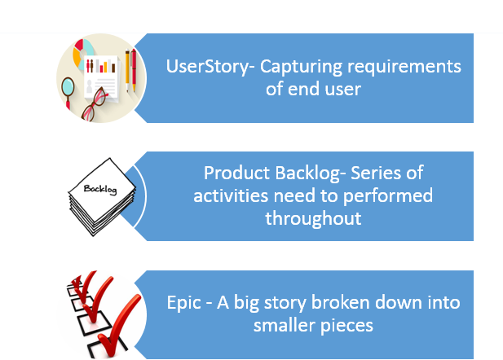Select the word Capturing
tap(301, 68)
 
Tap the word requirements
tap(404, 68)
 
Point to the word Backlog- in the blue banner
tap(311, 174)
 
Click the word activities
tap(231, 195)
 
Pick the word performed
tap(388, 196)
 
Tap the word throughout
tap(313, 219)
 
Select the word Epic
tap(183, 303)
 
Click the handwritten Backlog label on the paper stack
tap(100, 189)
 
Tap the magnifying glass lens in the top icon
tap(68, 86)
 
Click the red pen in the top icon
tap(134, 71)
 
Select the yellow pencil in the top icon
tap(127, 71)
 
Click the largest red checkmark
tap(120, 325)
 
